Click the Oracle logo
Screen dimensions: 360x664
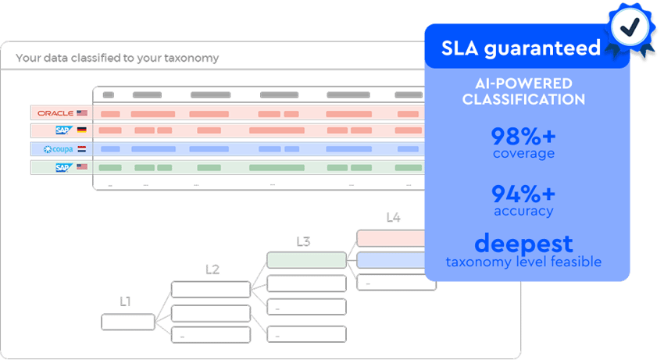click(x=55, y=113)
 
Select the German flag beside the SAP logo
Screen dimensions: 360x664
click(x=81, y=130)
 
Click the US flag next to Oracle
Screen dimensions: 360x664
click(x=82, y=113)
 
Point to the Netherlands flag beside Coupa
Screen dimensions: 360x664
click(x=81, y=148)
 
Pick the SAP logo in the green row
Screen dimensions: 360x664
click(x=62, y=167)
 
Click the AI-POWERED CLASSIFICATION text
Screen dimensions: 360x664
click(x=523, y=91)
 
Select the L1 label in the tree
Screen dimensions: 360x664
click(x=125, y=301)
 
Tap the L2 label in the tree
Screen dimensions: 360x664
click(x=212, y=269)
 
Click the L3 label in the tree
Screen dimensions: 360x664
click(x=303, y=241)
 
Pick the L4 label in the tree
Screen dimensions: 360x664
click(x=393, y=218)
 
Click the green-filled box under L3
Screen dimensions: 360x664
click(x=306, y=259)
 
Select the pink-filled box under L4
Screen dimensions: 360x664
click(x=391, y=237)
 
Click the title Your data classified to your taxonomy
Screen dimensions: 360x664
click(x=117, y=58)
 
